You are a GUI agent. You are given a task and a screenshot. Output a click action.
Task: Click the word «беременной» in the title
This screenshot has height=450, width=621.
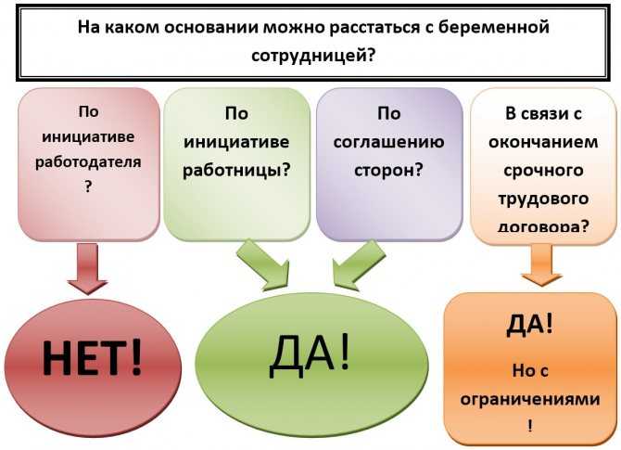pyautogui.click(x=494, y=27)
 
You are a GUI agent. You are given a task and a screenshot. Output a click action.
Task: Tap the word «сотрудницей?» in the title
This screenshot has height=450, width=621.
pyautogui.click(x=313, y=56)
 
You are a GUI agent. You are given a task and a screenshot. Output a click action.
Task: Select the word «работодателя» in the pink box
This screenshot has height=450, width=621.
pyautogui.click(x=88, y=162)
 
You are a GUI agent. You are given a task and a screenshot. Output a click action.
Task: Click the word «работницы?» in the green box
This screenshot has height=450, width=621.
pyautogui.click(x=236, y=170)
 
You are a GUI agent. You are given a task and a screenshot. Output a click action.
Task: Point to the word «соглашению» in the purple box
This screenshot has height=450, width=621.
pyautogui.click(x=389, y=142)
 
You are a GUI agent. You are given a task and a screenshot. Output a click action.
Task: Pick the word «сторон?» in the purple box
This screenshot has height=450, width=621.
pyautogui.click(x=389, y=170)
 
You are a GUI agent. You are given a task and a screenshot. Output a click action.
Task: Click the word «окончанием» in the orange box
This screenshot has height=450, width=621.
pyautogui.click(x=543, y=142)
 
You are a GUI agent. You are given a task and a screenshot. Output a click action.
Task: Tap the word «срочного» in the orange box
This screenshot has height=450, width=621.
pyautogui.click(x=543, y=171)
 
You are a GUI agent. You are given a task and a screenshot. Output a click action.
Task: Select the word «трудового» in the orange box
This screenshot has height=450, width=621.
pyautogui.click(x=543, y=199)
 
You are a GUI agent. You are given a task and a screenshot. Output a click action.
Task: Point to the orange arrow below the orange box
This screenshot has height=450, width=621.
pyautogui.click(x=542, y=264)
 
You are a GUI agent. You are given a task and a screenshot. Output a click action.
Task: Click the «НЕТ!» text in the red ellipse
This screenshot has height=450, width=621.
pyautogui.click(x=92, y=357)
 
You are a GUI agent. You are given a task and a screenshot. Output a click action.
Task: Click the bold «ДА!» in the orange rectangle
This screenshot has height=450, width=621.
pyautogui.click(x=529, y=325)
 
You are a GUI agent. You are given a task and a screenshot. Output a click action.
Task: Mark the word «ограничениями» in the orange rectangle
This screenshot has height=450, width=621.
pyautogui.click(x=530, y=398)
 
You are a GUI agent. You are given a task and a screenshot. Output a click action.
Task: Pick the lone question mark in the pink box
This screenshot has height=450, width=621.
pyautogui.click(x=88, y=186)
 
